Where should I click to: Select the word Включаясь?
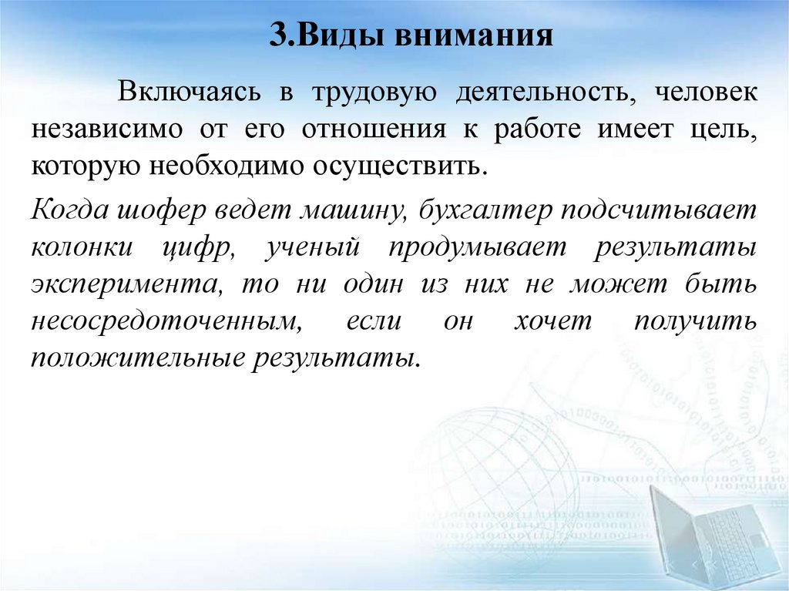pyautogui.click(x=190, y=92)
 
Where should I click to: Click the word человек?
pyautogui.click(x=707, y=92)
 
